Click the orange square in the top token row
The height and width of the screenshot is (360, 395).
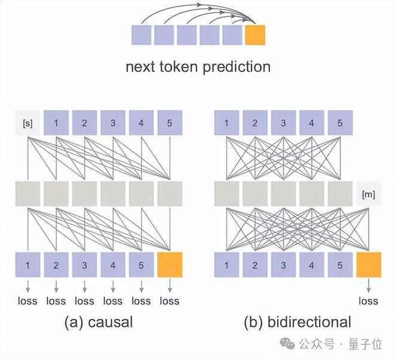[255, 35]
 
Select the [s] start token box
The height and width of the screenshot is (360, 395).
[28, 123]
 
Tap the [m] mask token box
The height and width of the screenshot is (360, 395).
[369, 194]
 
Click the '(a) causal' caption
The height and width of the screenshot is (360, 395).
[99, 323]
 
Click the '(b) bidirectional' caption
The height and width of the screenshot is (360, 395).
[297, 323]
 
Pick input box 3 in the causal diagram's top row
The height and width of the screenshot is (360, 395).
[113, 123]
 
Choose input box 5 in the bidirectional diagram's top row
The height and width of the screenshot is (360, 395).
[340, 123]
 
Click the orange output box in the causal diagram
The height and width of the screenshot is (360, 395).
[169, 265]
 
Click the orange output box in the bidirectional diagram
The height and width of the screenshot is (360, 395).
[369, 265]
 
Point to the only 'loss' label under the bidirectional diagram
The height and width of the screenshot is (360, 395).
[369, 301]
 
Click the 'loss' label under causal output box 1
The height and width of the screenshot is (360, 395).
[28, 301]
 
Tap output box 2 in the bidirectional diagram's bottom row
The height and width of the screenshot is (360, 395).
[255, 265]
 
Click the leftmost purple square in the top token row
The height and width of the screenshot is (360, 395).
[142, 35]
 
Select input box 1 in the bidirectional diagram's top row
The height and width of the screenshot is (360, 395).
[227, 123]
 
